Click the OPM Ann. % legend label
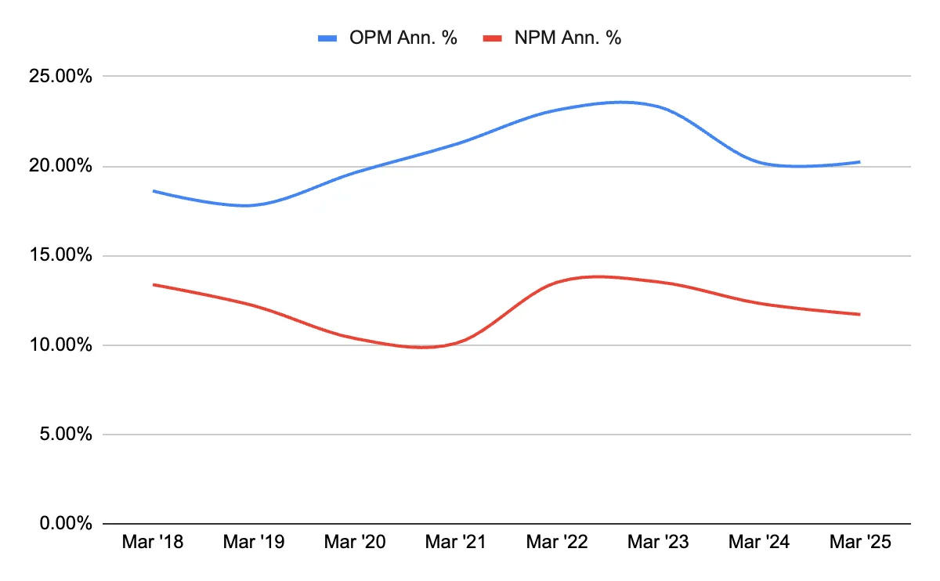coord(403,38)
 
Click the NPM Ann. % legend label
coord(568,38)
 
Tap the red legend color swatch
coord(491,38)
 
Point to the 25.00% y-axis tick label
coord(62,77)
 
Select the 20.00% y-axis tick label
coord(62,166)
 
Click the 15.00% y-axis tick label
coord(62,256)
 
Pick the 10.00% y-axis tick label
coord(62,345)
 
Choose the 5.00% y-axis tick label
coord(67,435)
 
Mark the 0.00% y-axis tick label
coord(67,524)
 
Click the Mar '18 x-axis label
coord(153,543)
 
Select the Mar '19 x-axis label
coord(254,543)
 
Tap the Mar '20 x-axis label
coord(355,543)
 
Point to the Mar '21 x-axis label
coord(456,543)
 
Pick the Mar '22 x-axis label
coord(557,543)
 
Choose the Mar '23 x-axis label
coord(658,543)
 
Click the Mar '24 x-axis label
coord(759,543)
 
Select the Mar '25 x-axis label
coord(859,543)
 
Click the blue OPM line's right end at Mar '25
coord(859,162)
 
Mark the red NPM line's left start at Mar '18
coord(154,284)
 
